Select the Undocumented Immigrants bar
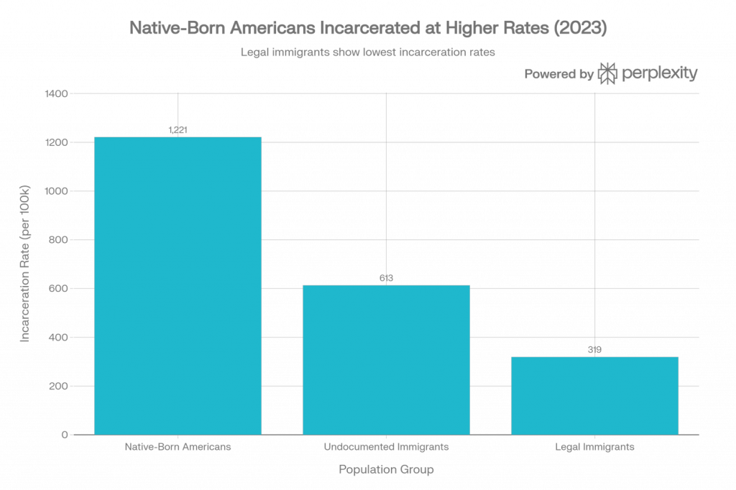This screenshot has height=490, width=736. point(386,359)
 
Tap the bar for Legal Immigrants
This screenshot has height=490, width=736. point(594,395)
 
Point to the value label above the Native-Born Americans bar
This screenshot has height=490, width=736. point(178,130)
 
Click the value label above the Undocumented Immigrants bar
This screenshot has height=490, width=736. point(386,277)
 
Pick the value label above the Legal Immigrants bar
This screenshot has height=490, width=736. point(594,350)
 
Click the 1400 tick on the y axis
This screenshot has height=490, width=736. point(58,93)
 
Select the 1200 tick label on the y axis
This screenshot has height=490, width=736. point(58,142)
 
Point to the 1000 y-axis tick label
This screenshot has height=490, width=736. point(58,191)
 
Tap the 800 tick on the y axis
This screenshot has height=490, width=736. point(60,240)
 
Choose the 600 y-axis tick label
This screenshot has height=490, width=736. point(60,289)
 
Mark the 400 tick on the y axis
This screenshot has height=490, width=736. point(60,338)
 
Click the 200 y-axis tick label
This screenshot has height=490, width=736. point(60,387)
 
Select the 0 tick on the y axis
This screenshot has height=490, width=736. point(65,435)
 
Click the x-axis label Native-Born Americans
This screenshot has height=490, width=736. point(178,447)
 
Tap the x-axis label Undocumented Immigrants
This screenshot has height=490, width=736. point(386,447)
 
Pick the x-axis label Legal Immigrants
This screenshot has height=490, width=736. point(594,447)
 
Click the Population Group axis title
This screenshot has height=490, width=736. point(386,471)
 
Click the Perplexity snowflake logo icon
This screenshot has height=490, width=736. point(607,73)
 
